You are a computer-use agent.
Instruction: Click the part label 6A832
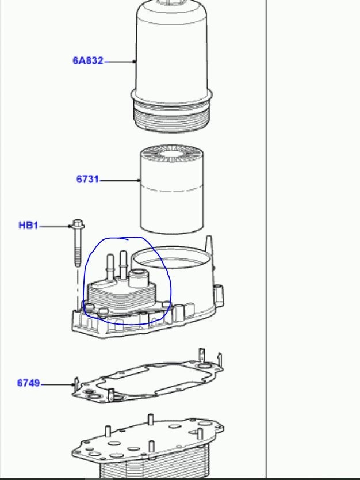(x=88, y=60)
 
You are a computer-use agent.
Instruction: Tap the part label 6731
(x=87, y=179)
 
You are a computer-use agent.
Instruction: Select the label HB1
(x=28, y=226)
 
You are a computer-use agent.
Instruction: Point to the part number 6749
(x=28, y=383)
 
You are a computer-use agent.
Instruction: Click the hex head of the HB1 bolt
(x=78, y=224)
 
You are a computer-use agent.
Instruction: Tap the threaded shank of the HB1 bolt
(x=78, y=247)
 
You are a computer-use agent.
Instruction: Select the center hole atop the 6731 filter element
(x=170, y=154)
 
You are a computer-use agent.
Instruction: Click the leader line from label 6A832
(x=120, y=62)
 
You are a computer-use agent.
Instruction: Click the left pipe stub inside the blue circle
(x=110, y=267)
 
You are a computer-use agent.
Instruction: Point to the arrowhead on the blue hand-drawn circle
(x=124, y=238)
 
